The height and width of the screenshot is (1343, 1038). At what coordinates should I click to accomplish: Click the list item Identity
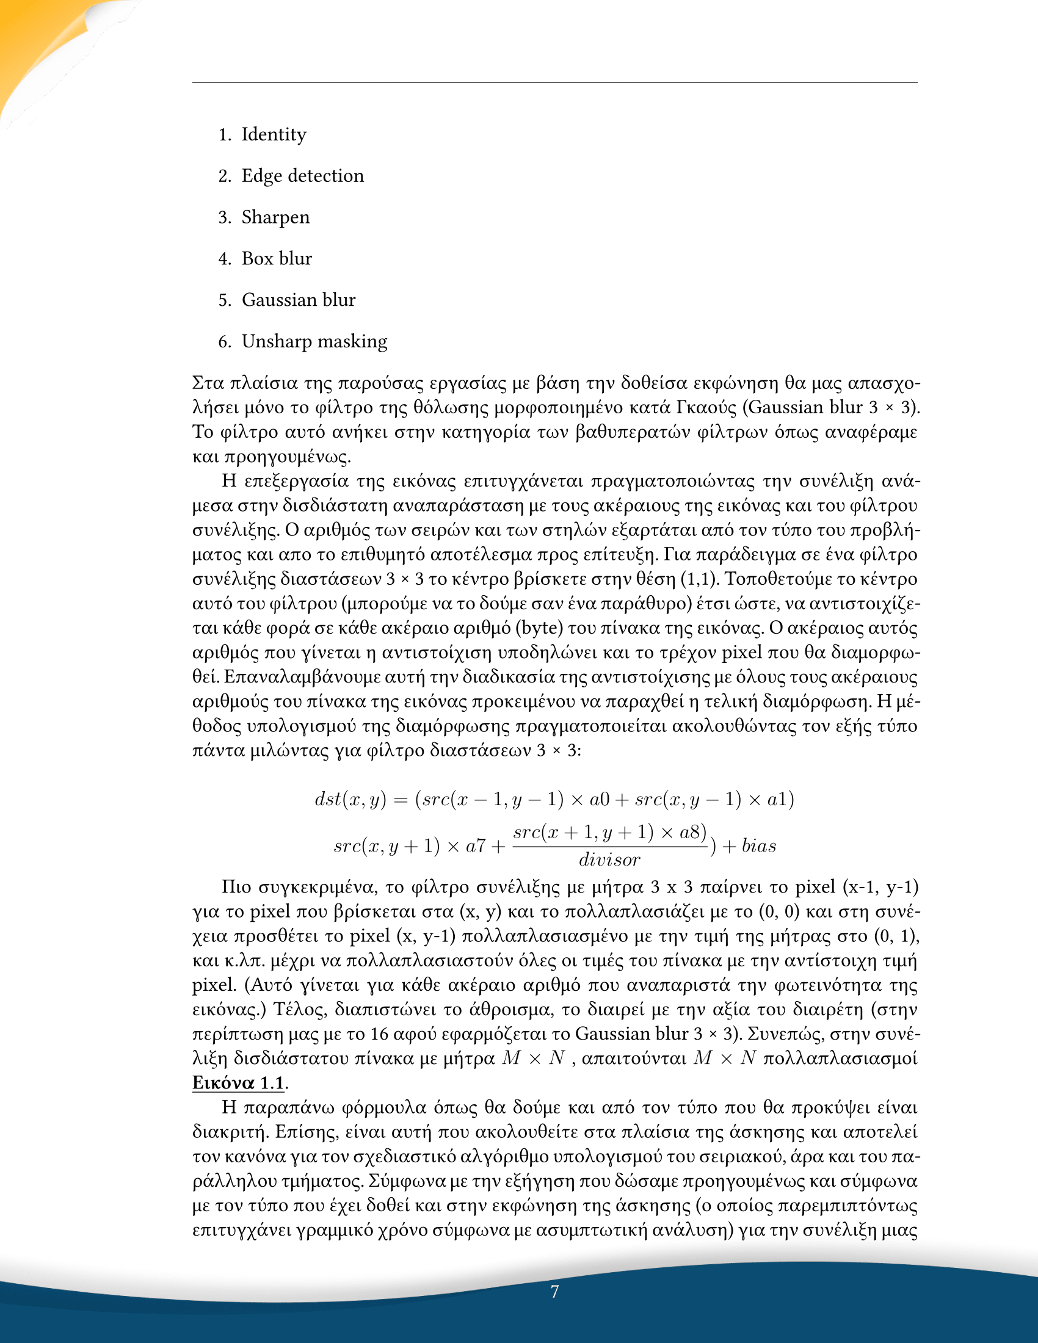(274, 134)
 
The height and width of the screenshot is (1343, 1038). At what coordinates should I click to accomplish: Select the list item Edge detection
(302, 176)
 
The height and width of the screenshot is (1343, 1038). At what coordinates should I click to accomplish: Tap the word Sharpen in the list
(275, 217)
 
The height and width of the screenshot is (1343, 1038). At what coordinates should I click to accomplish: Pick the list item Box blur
(277, 258)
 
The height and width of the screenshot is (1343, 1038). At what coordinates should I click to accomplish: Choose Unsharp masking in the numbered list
(314, 341)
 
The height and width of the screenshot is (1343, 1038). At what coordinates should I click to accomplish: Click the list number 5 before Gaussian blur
(224, 300)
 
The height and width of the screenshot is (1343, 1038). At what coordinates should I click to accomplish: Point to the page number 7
(554, 1291)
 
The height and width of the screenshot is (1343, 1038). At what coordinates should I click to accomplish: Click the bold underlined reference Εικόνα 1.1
(239, 1082)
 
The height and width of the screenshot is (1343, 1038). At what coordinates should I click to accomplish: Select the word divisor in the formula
(609, 860)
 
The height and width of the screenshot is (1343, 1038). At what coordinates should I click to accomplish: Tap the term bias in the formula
(759, 847)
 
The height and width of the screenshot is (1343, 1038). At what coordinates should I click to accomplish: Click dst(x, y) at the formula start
(350, 800)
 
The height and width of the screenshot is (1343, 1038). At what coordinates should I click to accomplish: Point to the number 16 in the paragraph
(379, 1033)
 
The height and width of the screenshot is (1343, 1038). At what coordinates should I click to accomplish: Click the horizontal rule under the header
(554, 82)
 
